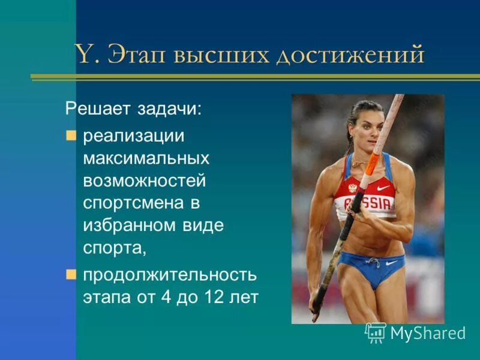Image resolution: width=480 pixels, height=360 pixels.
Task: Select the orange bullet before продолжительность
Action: pyautogui.click(x=71, y=275)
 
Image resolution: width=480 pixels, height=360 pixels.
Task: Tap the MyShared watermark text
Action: pyautogui.click(x=428, y=333)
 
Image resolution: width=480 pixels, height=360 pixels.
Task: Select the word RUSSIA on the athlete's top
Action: pyautogui.click(x=372, y=202)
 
